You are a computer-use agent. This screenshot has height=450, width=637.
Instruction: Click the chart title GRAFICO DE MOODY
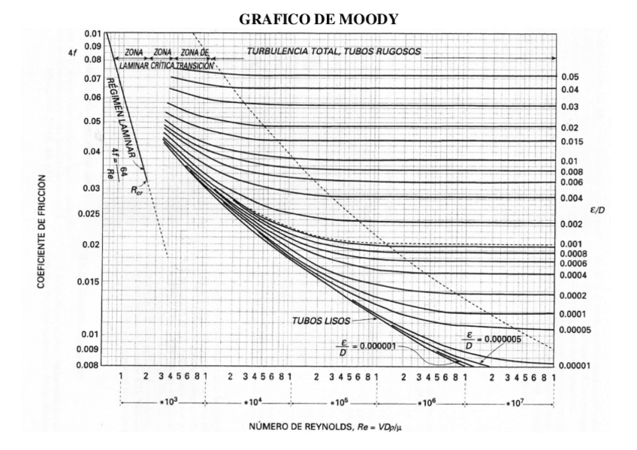(x=319, y=20)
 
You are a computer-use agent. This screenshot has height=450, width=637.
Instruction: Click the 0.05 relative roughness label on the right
(x=569, y=77)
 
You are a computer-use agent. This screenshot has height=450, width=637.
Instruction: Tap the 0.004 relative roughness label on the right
(x=569, y=198)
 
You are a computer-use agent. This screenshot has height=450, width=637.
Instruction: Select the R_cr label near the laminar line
(x=137, y=191)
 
